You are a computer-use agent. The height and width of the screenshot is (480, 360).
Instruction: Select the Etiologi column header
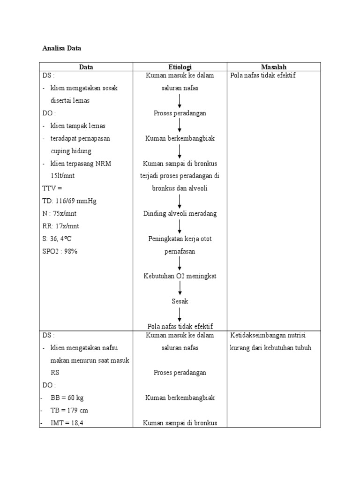tap(180, 67)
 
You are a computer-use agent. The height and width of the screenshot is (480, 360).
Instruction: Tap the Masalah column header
tap(274, 67)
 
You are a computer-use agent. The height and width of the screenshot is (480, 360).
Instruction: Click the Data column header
tap(86, 67)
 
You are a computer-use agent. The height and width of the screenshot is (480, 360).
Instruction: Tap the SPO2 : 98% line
tap(60, 251)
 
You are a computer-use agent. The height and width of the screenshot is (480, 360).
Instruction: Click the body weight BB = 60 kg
tap(67, 397)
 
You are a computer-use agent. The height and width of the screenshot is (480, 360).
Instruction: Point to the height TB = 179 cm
tap(69, 410)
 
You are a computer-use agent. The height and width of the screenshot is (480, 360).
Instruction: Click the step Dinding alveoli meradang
tap(180, 214)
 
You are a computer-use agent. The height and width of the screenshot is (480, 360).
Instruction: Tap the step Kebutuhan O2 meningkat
tap(180, 276)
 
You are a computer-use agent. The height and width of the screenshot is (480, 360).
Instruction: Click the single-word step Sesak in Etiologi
tap(180, 301)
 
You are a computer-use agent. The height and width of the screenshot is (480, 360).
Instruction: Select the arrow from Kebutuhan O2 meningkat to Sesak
tap(180, 288)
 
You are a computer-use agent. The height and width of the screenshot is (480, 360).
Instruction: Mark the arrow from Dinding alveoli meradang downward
tap(180, 226)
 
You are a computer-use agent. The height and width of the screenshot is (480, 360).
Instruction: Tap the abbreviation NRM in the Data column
tap(102, 163)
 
